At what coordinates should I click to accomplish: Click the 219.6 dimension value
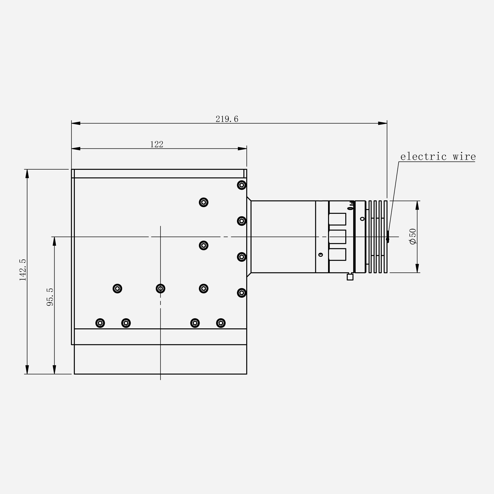coord(227,119)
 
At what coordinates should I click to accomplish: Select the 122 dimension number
coord(157,144)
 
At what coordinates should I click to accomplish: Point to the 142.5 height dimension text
coord(23,270)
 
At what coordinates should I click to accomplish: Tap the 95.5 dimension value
coord(50,297)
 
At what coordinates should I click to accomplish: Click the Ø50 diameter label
coord(412,236)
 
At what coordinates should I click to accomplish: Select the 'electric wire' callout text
coord(438,157)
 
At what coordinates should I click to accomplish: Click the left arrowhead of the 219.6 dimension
coord(76,123)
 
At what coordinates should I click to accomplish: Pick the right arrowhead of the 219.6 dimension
coord(383,123)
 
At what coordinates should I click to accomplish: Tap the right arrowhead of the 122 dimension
coord(242,148)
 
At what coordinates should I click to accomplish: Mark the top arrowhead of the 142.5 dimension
coord(27,174)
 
